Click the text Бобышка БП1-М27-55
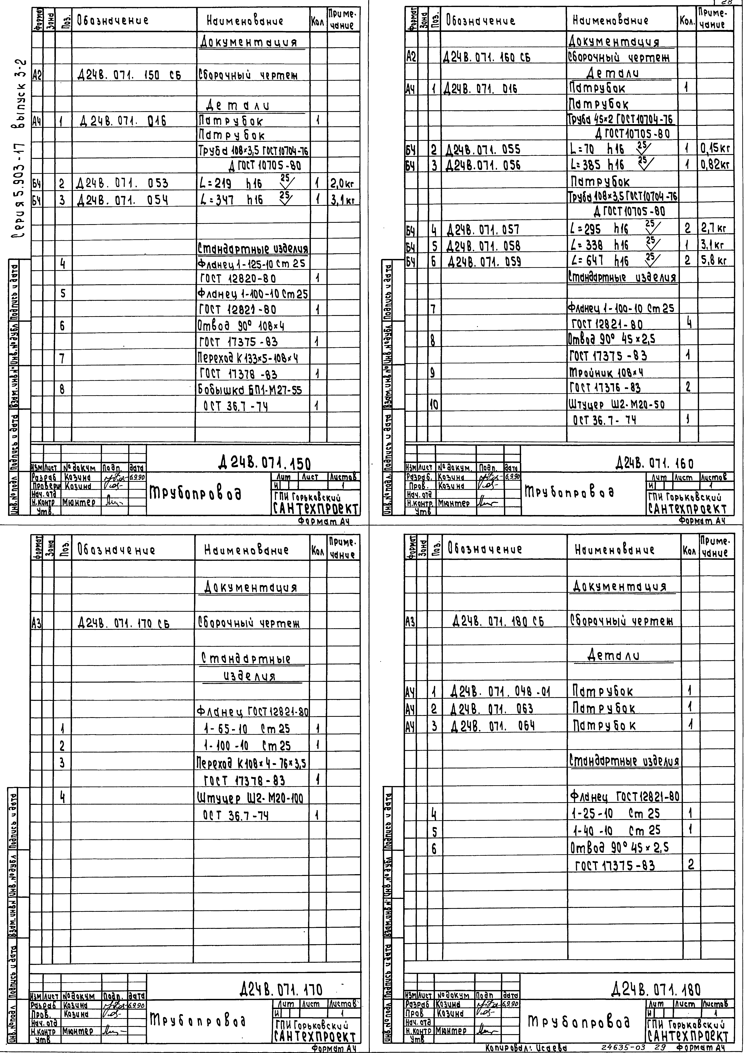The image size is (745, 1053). coord(252,390)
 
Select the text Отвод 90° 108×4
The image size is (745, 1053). coord(241,326)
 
